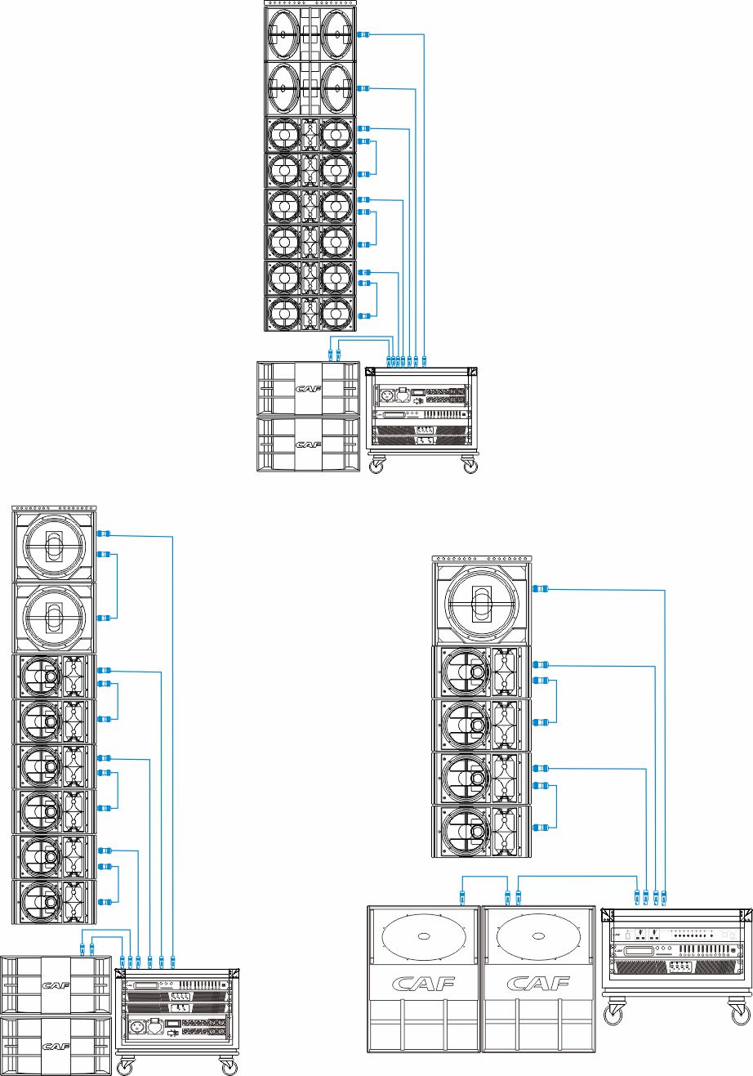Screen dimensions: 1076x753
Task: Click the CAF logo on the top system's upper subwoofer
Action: click(x=308, y=391)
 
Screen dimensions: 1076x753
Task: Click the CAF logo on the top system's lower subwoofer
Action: click(x=308, y=444)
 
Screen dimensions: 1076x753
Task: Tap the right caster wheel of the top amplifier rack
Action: click(x=470, y=466)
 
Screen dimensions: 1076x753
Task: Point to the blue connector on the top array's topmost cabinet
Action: click(x=364, y=34)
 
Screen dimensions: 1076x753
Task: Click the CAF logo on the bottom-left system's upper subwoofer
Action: click(x=56, y=985)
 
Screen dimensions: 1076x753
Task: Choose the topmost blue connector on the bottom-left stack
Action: click(x=104, y=534)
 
